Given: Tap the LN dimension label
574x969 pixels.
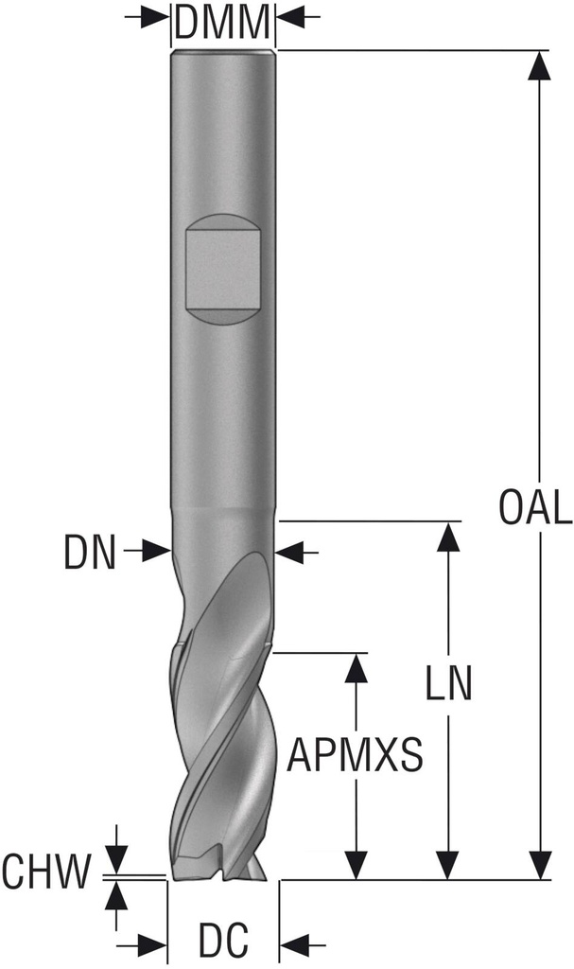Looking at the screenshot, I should click(447, 684).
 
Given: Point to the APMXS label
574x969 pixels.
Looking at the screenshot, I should click(355, 755).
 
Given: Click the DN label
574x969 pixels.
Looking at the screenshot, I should click(90, 553).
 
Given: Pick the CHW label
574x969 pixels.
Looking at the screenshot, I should click(45, 872).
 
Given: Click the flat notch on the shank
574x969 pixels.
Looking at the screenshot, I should click(223, 269).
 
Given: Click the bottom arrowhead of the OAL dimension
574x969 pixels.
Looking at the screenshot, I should click(540, 864).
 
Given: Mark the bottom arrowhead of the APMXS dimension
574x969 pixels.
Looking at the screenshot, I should click(356, 864).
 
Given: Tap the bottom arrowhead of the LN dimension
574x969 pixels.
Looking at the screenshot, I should click(447, 864).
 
